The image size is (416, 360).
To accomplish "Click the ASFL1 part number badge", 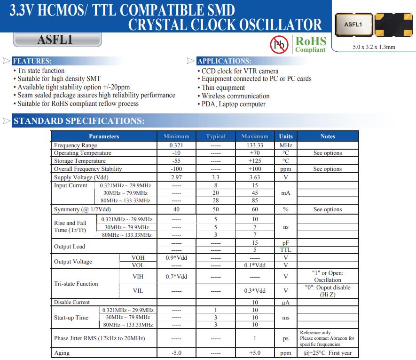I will pos(55,40).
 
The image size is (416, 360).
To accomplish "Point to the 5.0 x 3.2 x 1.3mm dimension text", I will pos(374,47).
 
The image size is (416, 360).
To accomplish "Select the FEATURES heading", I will pos(31,61).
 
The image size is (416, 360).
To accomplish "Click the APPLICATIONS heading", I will pos(224,61).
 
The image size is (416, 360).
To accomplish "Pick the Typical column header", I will pos(216,136).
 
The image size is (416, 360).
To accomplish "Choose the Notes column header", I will pos(328,136).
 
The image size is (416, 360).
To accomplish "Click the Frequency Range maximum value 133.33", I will pos(255,145).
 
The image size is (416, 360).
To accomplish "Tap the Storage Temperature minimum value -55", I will pos(176,161).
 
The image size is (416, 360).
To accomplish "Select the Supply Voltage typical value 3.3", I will pos(216,177).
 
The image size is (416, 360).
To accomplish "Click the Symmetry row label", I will pos(82,209).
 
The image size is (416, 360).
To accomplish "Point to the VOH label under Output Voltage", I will pos(138,258).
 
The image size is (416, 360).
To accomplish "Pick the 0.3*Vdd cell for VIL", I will pos(255,291).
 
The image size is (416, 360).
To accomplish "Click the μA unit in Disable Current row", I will pos(286,303).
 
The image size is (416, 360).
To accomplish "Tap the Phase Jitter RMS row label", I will pos(99,338).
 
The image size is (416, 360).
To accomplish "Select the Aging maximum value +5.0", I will pos(255,353).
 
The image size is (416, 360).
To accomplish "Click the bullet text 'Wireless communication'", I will pos(235,96).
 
